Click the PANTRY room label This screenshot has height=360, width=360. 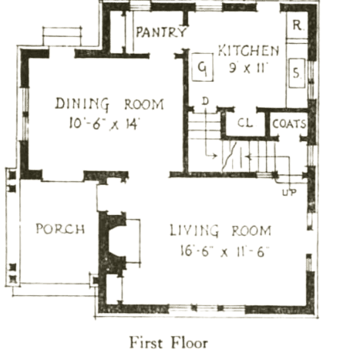tap(161, 32)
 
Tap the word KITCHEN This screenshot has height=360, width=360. tap(248, 50)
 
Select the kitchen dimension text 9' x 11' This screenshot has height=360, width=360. tap(248, 68)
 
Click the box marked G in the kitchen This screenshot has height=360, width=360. tap(203, 67)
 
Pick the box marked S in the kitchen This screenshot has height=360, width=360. tap(297, 73)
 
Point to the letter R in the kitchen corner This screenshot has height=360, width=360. tap(298, 25)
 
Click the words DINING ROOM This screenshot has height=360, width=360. tap(109, 104)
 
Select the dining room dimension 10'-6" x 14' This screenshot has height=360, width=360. tap(104, 123)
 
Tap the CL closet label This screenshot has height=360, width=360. tap(245, 123)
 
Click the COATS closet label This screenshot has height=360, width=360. tap(289, 124)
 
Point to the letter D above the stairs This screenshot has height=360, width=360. tap(205, 101)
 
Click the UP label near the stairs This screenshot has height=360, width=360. tap(290, 192)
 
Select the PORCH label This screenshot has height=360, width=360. tap(60, 229)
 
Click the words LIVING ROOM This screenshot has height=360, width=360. tap(220, 230)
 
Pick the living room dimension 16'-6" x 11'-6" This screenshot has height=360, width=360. tap(224, 251)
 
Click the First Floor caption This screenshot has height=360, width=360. tap(169, 342)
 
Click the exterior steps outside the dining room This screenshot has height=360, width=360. tap(62, 36)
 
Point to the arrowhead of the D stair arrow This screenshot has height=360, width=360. tap(215, 156)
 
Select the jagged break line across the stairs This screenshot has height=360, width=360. tap(229, 156)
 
